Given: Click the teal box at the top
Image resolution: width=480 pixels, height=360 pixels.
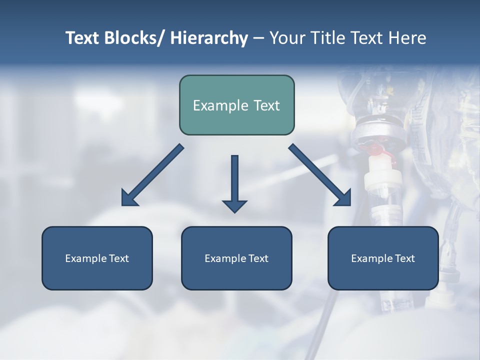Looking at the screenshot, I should [236, 105].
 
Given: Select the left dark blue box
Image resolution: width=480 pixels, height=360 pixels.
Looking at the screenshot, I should [97, 258].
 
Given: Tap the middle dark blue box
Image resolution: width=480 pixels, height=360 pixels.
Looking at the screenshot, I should [236, 258].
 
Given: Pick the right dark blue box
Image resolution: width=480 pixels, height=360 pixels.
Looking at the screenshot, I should [383, 258].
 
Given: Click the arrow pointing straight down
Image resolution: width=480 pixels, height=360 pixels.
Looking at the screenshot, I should [234, 182].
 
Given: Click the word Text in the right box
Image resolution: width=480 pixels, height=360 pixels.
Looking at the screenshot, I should [404, 258].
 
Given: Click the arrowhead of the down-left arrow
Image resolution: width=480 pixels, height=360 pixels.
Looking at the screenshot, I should [129, 198].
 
